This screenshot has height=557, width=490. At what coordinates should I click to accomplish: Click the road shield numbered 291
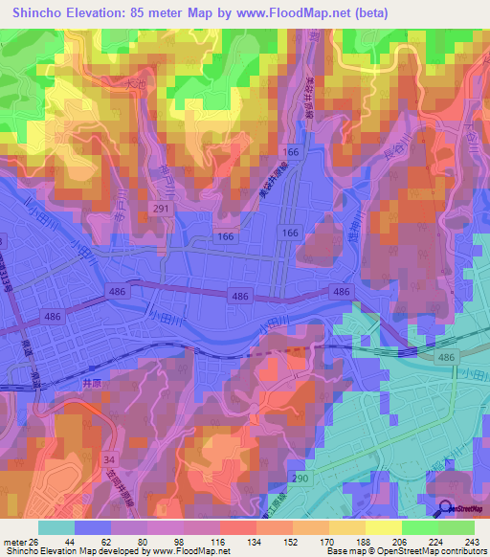[164, 207]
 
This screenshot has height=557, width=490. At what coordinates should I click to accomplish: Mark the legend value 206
[400, 542]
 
